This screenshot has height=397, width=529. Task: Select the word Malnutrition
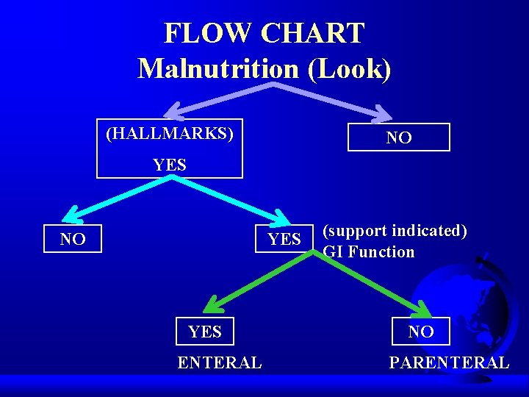217,68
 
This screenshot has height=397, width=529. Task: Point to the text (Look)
349,68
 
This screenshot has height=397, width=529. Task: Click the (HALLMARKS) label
170,134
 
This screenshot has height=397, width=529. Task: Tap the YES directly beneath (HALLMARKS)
170,165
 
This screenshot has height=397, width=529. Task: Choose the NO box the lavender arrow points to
399,137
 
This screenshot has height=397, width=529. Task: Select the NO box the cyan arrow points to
73,239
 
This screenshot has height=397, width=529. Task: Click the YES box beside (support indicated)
284,240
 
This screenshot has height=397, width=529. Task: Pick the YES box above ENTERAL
205,332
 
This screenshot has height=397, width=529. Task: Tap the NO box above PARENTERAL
421,332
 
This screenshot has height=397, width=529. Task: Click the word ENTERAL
219,362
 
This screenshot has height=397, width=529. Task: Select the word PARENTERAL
449,362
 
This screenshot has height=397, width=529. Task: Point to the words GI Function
369,252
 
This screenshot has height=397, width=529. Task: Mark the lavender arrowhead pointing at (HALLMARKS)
172,112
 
